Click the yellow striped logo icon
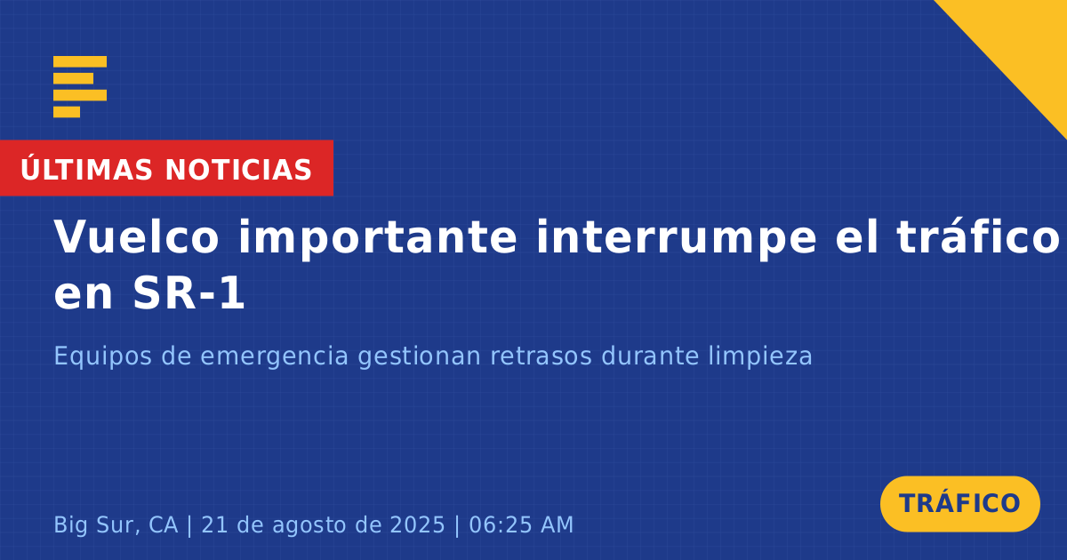[80, 87]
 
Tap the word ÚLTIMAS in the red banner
[86, 169]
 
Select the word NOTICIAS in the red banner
[238, 170]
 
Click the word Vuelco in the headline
[136, 236]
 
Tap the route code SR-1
[189, 294]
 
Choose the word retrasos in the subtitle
[542, 356]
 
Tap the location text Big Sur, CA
[116, 525]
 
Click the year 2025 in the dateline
[417, 525]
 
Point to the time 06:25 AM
[521, 525]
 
